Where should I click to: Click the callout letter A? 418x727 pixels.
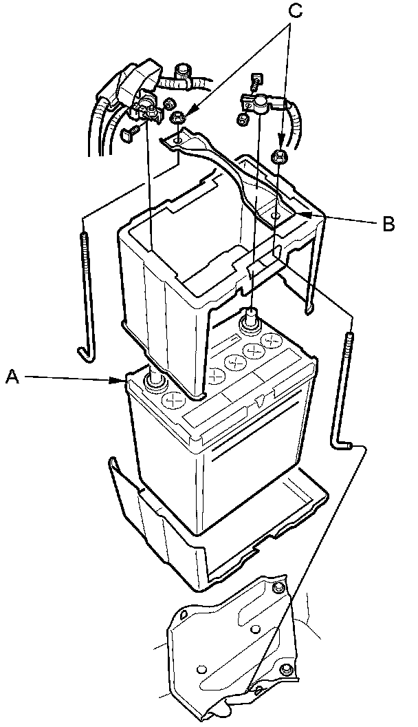(x=11, y=376)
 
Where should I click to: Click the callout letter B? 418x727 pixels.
(x=388, y=224)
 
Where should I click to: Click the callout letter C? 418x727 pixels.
(x=295, y=12)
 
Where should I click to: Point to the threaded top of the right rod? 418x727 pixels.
(x=351, y=344)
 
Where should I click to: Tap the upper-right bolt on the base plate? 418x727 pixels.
(x=278, y=587)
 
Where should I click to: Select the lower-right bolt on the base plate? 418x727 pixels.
(x=287, y=669)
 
